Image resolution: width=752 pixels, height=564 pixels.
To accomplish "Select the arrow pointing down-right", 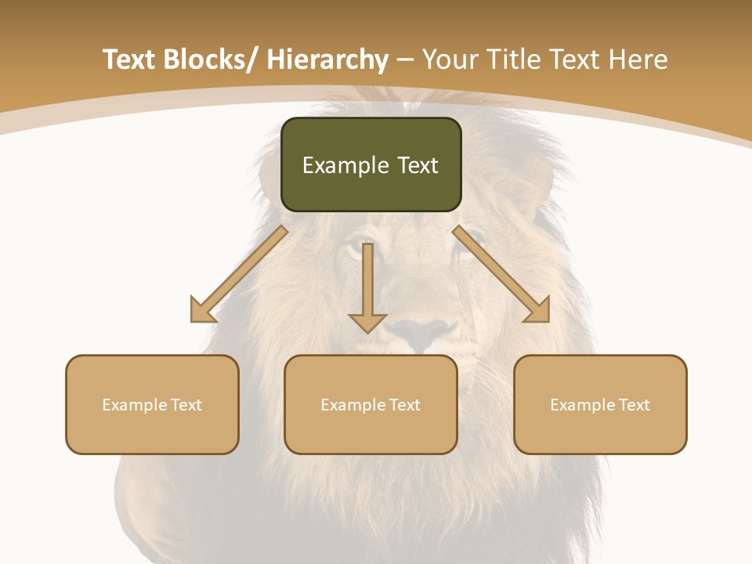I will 501,274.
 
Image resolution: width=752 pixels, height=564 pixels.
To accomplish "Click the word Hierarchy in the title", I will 327,60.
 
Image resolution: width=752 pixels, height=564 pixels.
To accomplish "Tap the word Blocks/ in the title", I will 214,60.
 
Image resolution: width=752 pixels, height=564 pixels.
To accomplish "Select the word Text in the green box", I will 417,165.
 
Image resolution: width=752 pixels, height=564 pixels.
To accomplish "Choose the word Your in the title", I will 449,60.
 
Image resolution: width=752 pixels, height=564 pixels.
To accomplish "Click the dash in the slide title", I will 405,60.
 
